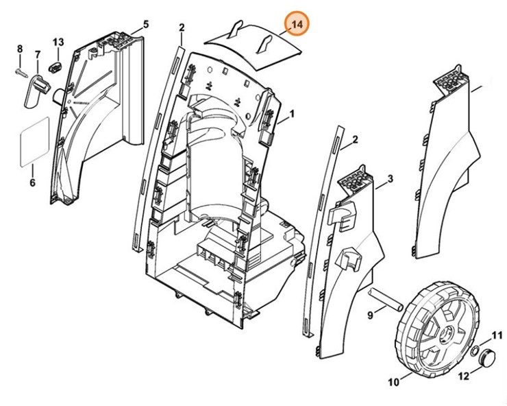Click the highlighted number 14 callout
coord(297,25)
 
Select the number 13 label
coord(58,43)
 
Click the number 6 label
coord(32,183)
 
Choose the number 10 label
coord(395,381)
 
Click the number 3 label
coord(390,179)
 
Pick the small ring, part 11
coord(473,353)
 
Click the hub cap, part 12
coord(489,358)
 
